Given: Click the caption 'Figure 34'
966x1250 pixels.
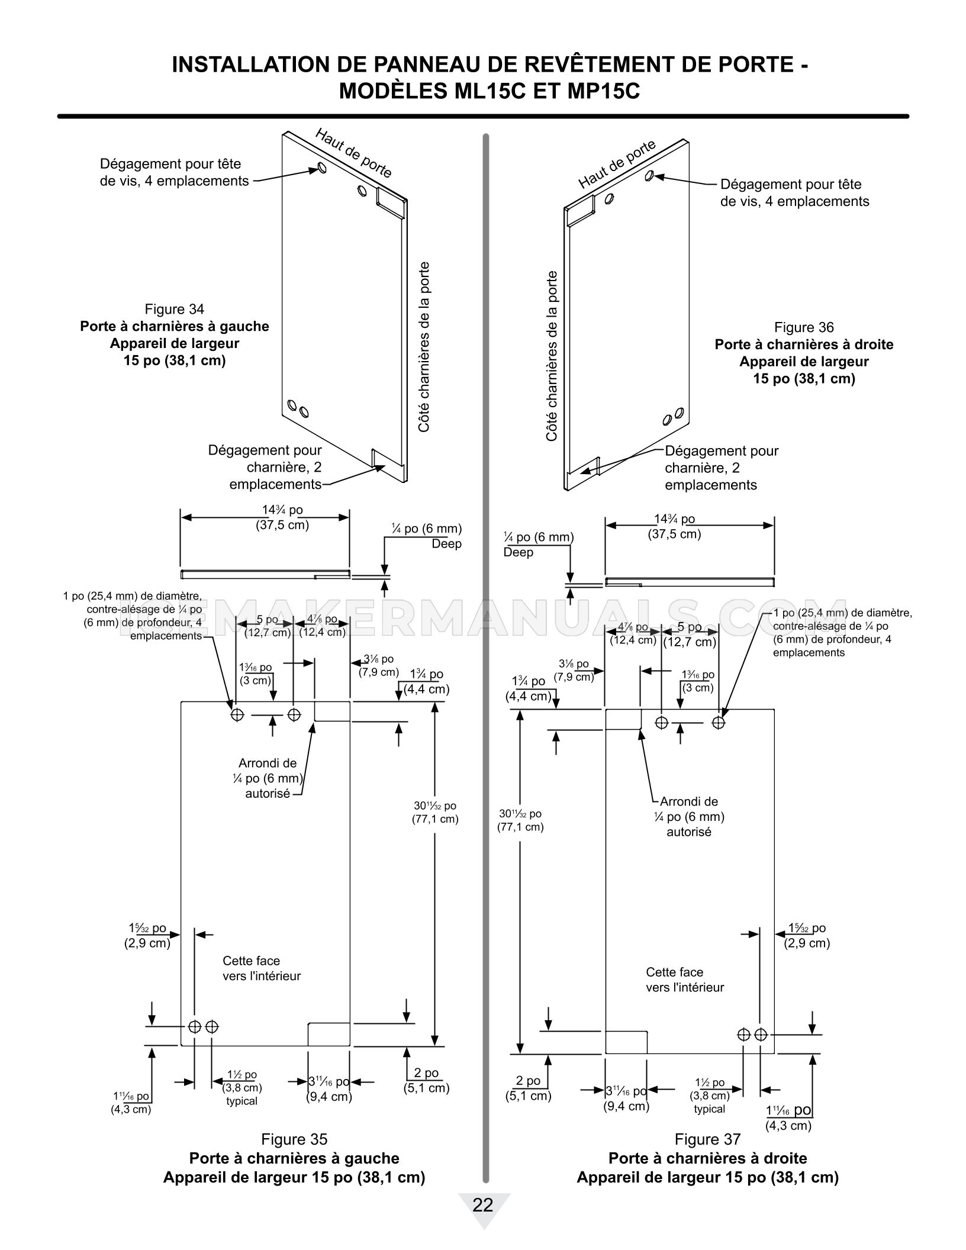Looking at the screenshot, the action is [174, 309].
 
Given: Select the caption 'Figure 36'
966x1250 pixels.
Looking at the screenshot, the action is [804, 327].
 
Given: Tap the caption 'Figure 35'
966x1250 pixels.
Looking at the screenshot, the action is [294, 1139].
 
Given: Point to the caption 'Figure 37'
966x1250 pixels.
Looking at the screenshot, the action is [707, 1139].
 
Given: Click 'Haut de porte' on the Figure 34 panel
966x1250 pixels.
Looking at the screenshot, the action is [353, 153].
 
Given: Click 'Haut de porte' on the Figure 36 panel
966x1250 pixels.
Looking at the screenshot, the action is [617, 164].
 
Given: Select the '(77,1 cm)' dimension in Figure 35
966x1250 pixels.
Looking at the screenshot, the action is [435, 820].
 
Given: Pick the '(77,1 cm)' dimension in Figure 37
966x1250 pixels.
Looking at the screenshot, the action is [520, 827].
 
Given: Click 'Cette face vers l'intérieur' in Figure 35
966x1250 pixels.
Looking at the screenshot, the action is [262, 969].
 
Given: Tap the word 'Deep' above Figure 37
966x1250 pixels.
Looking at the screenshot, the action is [518, 552].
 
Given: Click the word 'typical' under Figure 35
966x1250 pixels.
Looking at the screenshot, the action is [241, 1101].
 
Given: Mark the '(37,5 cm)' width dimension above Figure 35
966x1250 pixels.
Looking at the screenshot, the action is [282, 525].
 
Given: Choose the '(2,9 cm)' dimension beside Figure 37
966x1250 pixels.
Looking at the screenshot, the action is [807, 943].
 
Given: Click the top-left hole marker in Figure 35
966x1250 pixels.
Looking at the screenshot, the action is [237, 715].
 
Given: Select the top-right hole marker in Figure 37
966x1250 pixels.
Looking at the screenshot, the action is [719, 722].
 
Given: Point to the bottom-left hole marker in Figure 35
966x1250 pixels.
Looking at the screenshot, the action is [194, 1026].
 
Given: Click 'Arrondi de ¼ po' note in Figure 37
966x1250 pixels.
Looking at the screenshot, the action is [690, 809].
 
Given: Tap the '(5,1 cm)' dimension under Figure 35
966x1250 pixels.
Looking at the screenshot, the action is [426, 1088].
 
